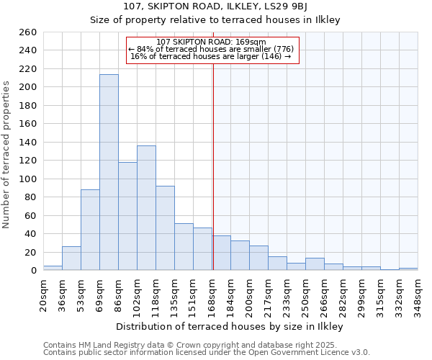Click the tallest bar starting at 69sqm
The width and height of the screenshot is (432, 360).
[x=109, y=172]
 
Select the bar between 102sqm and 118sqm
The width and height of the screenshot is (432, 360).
[x=146, y=208]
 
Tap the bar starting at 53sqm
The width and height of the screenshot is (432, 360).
[x=90, y=230]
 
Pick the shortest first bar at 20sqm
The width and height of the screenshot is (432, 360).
[x=53, y=268]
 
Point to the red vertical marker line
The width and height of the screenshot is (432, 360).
[x=213, y=166]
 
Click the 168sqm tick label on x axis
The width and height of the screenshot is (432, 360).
[x=212, y=292]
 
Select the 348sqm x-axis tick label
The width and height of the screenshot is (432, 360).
[x=418, y=292]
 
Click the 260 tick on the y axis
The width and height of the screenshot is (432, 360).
[x=27, y=32]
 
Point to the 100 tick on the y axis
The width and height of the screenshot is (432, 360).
[x=27, y=179]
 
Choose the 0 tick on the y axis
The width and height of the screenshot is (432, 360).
[x=33, y=271]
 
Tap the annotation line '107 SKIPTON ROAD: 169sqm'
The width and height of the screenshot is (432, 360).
[x=211, y=42]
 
